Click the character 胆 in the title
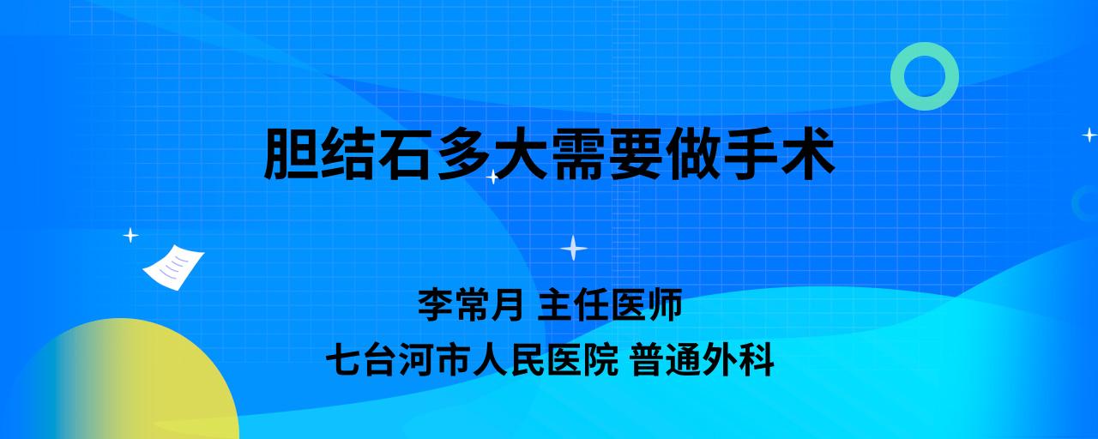coord(292,153)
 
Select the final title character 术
coord(806,153)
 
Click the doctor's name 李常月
coord(471,304)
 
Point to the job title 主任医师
coord(610,304)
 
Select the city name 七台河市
coord(398,360)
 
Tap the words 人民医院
coord(545,360)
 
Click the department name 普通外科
coord(703,360)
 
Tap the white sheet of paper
coord(173,267)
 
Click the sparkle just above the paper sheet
coord(130,236)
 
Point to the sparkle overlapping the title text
coord(492,177)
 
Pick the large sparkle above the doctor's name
coord(574,248)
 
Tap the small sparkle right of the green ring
coord(1089,135)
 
